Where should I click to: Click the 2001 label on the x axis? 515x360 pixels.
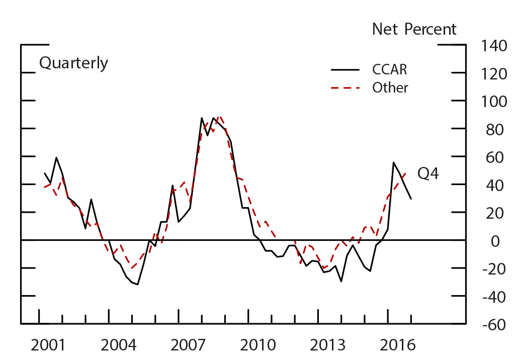48,346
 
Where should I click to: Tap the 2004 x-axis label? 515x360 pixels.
118,346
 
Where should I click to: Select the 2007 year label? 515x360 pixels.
189,346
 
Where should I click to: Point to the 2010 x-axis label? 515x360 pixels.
259,346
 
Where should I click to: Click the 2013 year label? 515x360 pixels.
328,346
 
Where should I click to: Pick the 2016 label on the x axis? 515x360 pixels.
397,346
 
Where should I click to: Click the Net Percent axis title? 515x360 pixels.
414,29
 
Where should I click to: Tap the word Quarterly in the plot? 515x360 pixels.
73,63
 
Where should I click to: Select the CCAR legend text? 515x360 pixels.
389,69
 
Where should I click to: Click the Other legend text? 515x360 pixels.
390,87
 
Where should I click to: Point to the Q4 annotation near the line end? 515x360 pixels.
427,174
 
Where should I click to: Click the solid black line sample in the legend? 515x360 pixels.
346,69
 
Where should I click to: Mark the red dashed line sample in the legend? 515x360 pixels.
346,88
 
